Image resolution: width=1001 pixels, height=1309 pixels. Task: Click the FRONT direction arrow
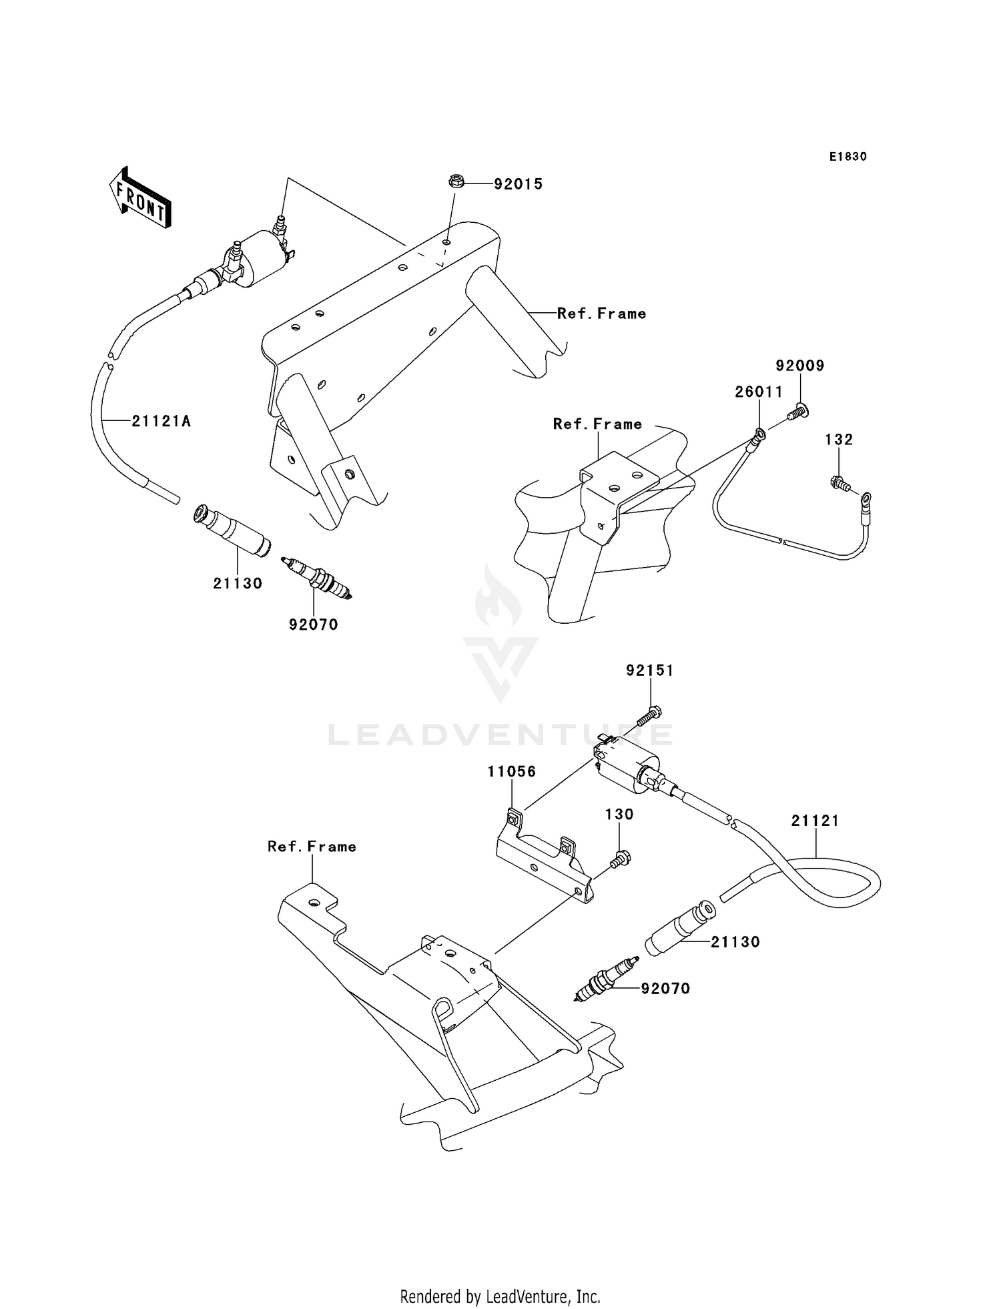pyautogui.click(x=139, y=197)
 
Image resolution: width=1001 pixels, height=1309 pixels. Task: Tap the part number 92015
pyautogui.click(x=518, y=184)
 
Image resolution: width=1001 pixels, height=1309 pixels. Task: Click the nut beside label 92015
pyautogui.click(x=454, y=181)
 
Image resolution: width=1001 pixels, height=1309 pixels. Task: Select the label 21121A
pyautogui.click(x=161, y=421)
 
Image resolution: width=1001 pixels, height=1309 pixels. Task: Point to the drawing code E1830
pyautogui.click(x=848, y=157)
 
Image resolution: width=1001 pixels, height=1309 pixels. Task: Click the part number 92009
pyautogui.click(x=799, y=366)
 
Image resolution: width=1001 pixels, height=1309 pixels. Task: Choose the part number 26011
pyautogui.click(x=759, y=392)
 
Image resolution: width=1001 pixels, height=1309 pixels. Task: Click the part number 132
pyautogui.click(x=839, y=440)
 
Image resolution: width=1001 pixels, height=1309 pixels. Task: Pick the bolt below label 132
pyautogui.click(x=840, y=484)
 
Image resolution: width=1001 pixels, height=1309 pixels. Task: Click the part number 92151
pyautogui.click(x=649, y=671)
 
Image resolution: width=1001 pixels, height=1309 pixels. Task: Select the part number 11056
pyautogui.click(x=512, y=772)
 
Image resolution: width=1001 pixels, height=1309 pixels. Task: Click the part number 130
pyautogui.click(x=619, y=815)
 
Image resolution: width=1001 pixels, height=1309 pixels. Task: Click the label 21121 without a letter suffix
pyautogui.click(x=815, y=821)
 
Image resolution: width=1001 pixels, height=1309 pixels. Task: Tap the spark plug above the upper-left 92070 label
pyautogui.click(x=316, y=574)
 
